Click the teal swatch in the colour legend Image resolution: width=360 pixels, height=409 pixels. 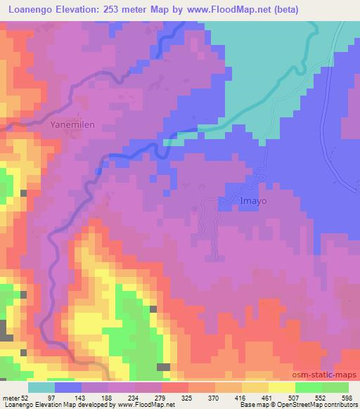point(41,387)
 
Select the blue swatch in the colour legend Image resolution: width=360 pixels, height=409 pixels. point(68,387)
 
